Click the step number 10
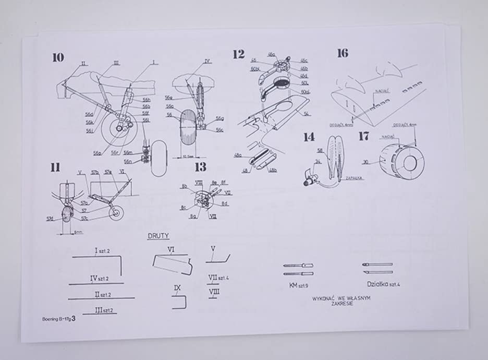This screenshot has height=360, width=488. (x=58, y=57)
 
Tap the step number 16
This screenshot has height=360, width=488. (x=343, y=53)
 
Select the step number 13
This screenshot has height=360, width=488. (x=200, y=167)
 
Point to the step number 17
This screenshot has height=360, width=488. (x=364, y=136)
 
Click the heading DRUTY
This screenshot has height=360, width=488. (x=158, y=236)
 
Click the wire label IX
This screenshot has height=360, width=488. (x=177, y=287)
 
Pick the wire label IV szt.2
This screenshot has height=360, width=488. (x=97, y=278)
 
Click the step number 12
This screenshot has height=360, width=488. (x=238, y=53)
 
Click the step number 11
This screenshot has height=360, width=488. (x=55, y=167)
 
